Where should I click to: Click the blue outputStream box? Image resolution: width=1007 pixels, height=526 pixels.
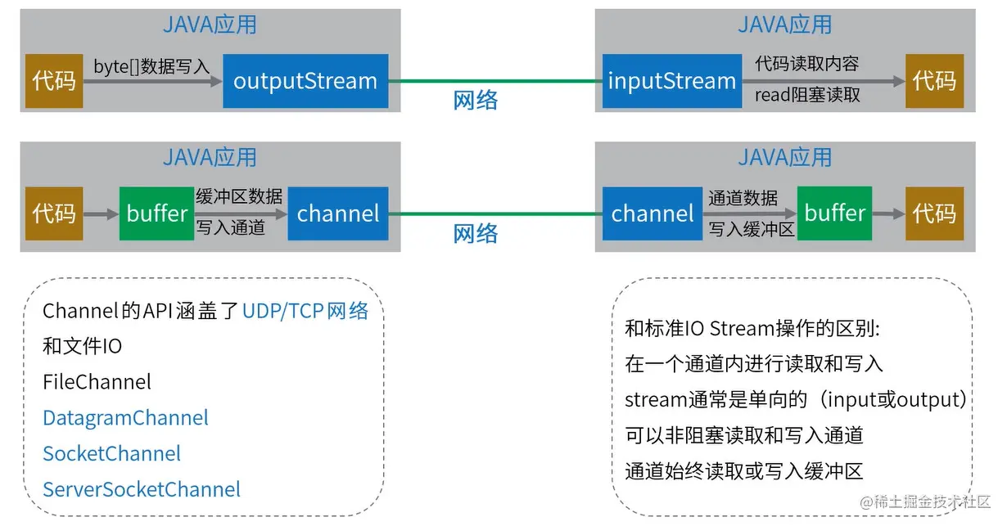coord(305,81)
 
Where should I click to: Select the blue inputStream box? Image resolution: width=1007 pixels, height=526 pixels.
coord(672,81)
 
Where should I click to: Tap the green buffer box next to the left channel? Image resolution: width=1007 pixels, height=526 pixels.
coord(156,214)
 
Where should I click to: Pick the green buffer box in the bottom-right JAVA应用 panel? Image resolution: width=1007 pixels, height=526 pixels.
coord(834,214)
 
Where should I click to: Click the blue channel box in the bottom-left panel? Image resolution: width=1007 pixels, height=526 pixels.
coord(338,214)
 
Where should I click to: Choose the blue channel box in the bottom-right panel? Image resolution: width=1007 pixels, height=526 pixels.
coord(653,214)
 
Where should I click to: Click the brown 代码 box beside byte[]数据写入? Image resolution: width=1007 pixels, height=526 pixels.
coord(54,81)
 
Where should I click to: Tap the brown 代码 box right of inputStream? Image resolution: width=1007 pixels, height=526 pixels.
coord(935,81)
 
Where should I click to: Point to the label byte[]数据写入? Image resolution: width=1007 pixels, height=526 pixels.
coord(151,66)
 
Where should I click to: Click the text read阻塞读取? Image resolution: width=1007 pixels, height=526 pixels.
coord(807,95)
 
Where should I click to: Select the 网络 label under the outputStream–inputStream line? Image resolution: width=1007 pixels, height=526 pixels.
coord(475,100)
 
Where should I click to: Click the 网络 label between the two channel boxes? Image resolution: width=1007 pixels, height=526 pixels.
coord(475,233)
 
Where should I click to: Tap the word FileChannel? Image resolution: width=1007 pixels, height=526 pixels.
coord(97,382)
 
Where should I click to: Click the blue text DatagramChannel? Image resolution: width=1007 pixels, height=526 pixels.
coord(125,418)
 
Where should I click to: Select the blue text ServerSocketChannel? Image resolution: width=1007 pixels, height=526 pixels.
coord(142,489)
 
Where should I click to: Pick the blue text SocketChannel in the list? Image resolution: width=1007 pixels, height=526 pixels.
coord(111,453)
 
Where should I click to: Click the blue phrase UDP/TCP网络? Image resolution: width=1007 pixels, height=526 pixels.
coord(305,311)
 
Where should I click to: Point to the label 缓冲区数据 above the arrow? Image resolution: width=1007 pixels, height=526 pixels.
coord(239,196)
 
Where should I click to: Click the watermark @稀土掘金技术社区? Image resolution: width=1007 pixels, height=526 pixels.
coord(925,501)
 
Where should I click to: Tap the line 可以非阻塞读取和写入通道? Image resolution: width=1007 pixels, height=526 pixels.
coord(744,435)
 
